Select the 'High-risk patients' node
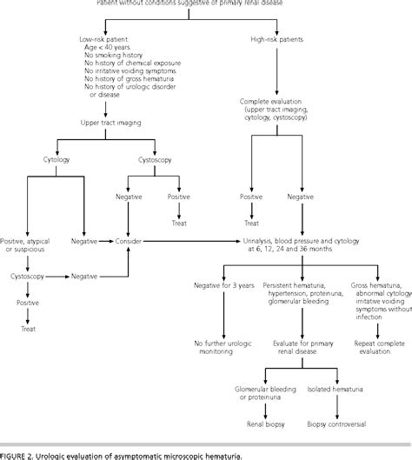coord(276,38)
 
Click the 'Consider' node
coord(129,241)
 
